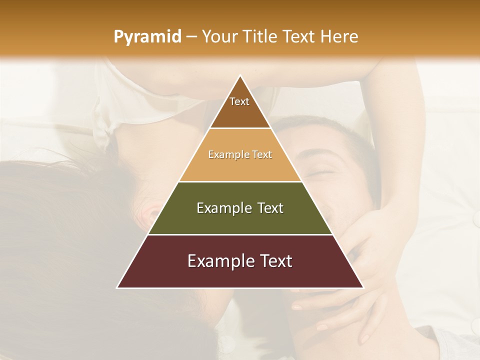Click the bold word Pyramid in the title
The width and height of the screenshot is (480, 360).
147,37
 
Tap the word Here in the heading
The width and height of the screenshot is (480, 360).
339,37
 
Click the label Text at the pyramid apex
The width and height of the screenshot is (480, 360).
239,101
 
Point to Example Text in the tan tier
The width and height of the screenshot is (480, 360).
240,154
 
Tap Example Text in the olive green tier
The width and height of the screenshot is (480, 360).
240,208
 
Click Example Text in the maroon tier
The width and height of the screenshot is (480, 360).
240,261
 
